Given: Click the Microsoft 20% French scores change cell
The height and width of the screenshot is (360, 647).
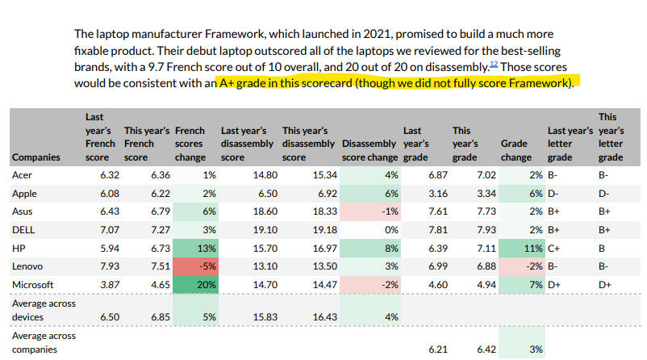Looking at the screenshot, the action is pos(195,284).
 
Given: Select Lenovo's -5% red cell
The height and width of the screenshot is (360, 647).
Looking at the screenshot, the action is pos(195,266).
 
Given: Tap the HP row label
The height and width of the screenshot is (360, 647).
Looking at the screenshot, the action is pos(19,249).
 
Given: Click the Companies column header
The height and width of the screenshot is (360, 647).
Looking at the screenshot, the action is pos(35,157).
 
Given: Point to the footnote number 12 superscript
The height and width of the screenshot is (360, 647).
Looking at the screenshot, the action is pos(494,64).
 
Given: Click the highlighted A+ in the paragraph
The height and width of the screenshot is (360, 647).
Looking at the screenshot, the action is pos(227,83).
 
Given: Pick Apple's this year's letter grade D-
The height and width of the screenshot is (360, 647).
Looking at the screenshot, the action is pos(603,193).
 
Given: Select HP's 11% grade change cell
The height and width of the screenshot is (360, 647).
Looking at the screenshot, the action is pos(522,249).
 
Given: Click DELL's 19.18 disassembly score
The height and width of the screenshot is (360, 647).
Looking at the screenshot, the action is pos(325,230).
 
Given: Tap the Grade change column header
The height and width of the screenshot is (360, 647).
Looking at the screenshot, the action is pos(516,150).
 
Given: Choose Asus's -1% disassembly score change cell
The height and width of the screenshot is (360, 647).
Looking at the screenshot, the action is pos(370,211).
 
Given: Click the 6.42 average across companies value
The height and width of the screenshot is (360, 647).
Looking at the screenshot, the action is pos(486,350).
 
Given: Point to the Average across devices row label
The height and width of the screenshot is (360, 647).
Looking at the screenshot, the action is pos(44,310).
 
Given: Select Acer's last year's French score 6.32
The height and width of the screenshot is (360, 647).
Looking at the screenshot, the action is pos(110,175).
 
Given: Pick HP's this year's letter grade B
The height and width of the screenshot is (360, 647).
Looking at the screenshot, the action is pos(602,249).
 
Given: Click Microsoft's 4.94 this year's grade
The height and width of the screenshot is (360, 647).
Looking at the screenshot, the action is pos(486,285).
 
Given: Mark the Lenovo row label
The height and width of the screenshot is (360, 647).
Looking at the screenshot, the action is pos(27,266).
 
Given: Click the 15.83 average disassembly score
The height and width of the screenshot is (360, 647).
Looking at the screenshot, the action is pos(265,317).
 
